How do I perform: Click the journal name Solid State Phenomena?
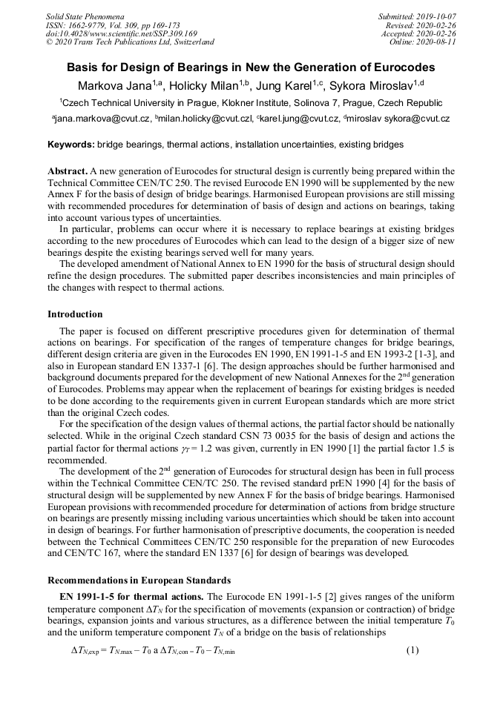click(x=85, y=16)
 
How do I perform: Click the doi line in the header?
click(x=122, y=33)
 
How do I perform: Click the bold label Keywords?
click(x=70, y=145)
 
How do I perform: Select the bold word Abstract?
click(x=68, y=171)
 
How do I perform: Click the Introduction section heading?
click(x=75, y=314)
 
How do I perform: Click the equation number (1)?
click(x=412, y=651)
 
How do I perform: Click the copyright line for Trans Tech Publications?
click(x=130, y=42)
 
